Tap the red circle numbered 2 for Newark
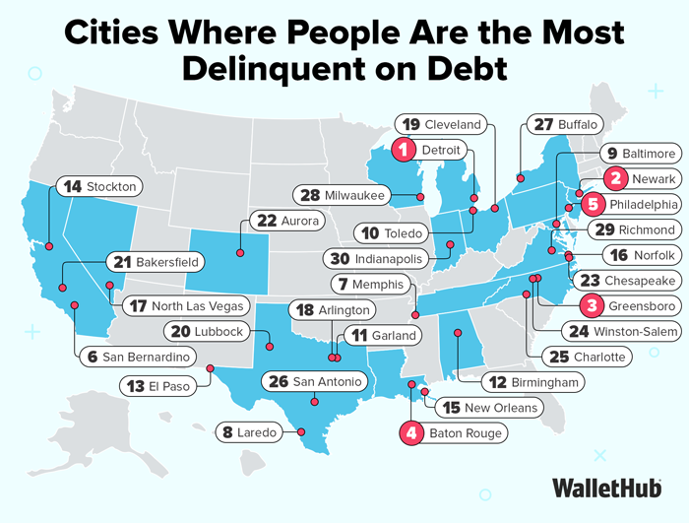coord(615,178)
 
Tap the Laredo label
coord(259,430)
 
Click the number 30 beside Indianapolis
coord(340,259)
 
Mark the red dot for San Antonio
coord(314,401)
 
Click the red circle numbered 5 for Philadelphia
coord(592,204)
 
